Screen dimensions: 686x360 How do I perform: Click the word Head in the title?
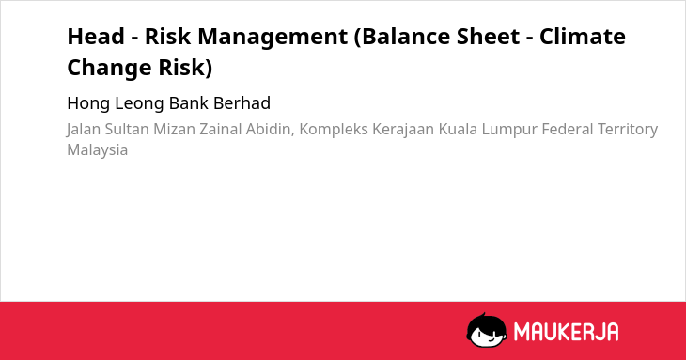coord(96,36)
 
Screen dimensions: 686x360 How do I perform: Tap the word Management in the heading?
coord(273,38)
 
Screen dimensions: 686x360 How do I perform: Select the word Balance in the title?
coord(401,37)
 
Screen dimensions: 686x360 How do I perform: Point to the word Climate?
coord(583,36)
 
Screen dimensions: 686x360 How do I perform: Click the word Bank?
coord(189,103)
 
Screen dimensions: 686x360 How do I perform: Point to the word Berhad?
coord(242,103)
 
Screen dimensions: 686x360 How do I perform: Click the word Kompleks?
coord(334,131)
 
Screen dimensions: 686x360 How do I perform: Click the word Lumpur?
coord(509,131)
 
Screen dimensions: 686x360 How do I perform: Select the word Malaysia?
coord(97,150)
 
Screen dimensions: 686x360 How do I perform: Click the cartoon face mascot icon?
coord(487,330)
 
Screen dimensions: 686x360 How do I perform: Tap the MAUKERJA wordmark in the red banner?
coord(566,332)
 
